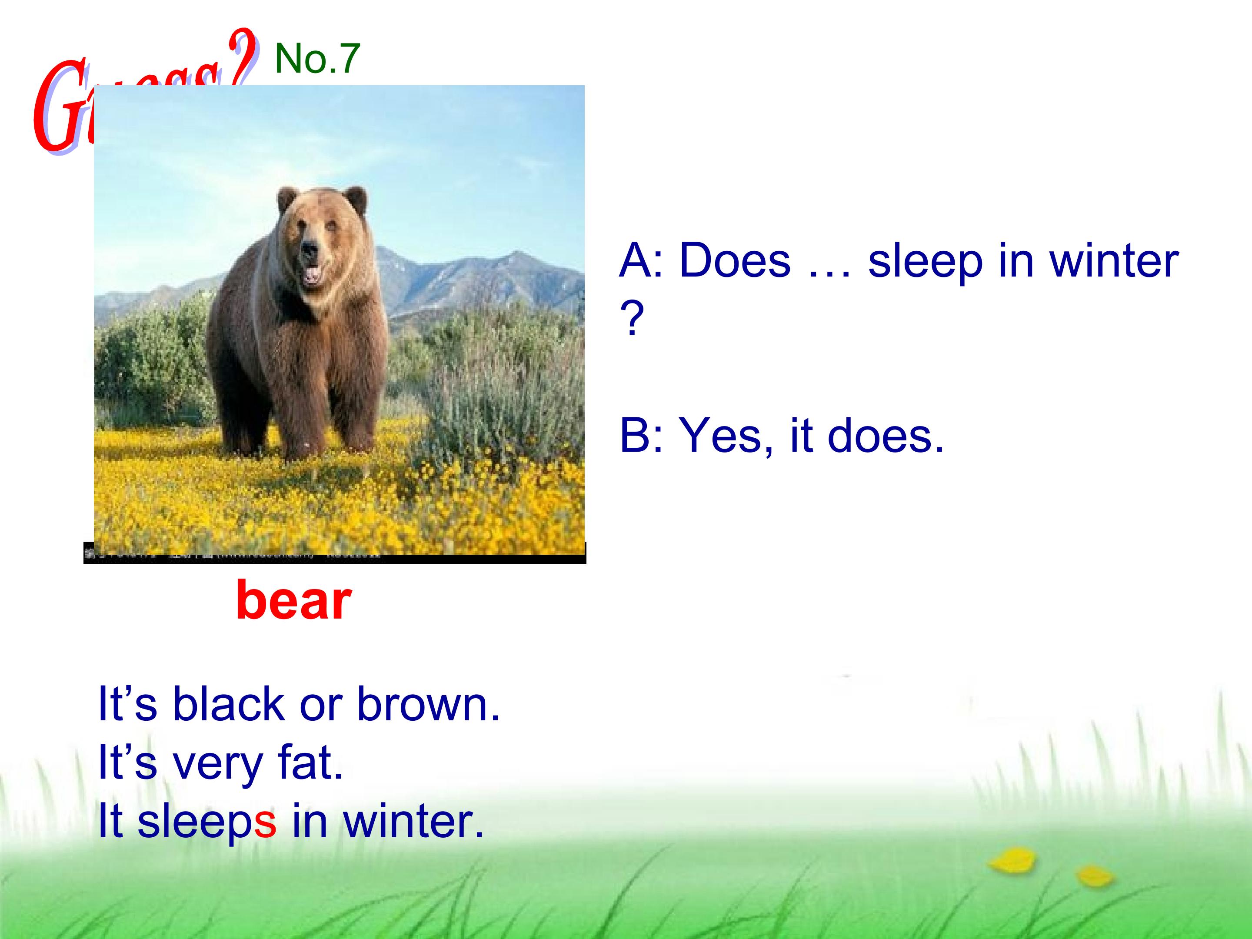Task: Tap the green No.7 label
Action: point(317,58)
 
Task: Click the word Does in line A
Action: point(734,261)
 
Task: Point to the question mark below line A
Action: point(632,319)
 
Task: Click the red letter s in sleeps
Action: point(265,821)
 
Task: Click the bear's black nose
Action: point(309,248)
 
